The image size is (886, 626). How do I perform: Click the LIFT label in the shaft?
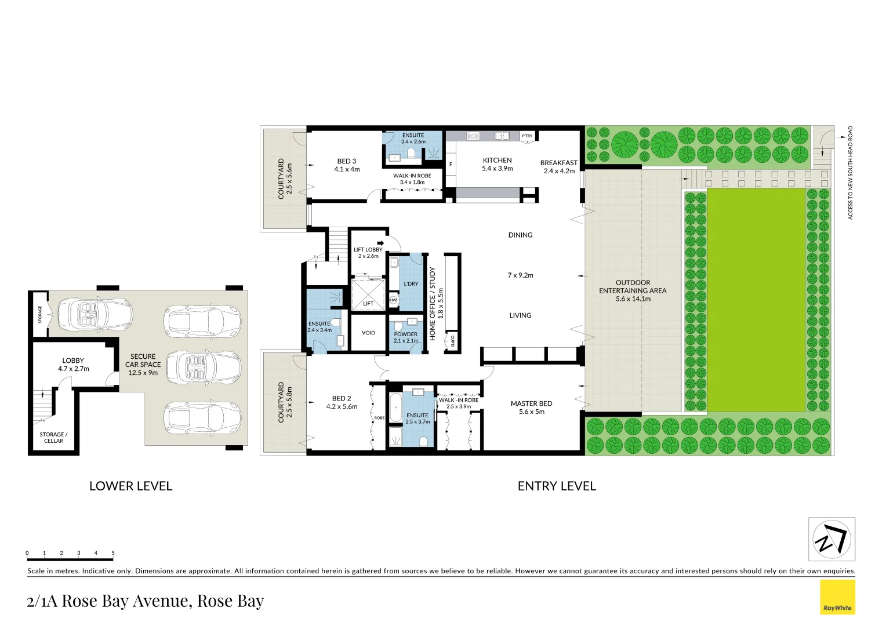(368, 304)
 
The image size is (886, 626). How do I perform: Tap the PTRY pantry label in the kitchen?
(527, 136)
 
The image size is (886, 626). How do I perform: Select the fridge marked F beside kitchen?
(451, 165)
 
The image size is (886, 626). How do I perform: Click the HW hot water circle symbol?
(394, 300)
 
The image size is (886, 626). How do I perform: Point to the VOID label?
(368, 333)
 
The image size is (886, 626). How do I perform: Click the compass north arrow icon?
(831, 539)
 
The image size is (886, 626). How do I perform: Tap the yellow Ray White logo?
(837, 597)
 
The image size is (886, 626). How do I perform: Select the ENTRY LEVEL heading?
(557, 486)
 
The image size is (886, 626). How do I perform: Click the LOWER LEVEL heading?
(130, 486)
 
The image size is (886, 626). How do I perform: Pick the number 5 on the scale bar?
(113, 553)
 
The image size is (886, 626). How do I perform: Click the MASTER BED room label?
(531, 403)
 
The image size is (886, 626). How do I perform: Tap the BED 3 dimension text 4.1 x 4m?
(347, 169)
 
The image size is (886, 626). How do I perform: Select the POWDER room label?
(405, 334)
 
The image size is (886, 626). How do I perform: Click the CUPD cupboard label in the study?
(452, 341)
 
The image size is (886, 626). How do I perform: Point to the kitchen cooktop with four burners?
(473, 136)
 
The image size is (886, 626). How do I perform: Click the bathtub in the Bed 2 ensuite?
(395, 408)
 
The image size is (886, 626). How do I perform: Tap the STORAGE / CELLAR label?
(53, 438)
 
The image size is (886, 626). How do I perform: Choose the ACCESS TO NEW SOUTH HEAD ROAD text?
(851, 173)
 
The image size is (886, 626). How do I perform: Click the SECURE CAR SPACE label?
(143, 365)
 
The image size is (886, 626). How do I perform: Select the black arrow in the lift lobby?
(380, 243)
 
